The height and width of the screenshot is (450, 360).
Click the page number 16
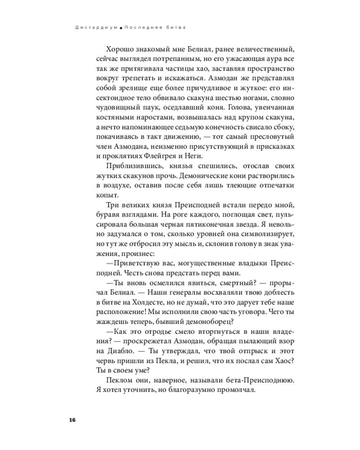(x=72, y=420)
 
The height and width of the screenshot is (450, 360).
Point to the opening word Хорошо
(x=119, y=49)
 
